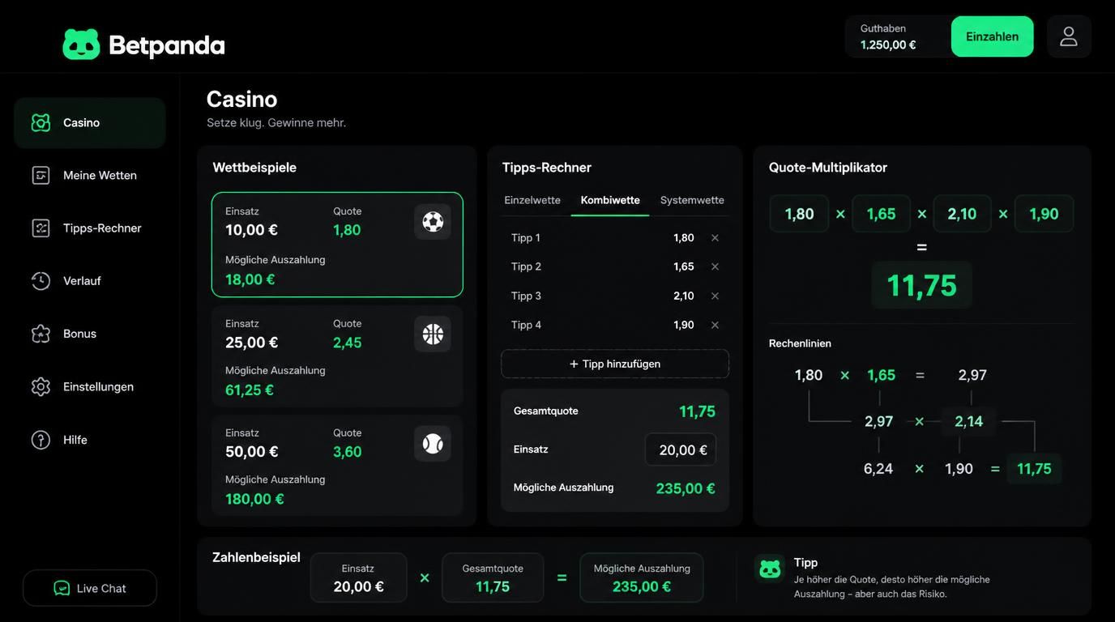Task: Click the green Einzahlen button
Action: pos(992,36)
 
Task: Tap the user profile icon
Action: pos(1069,36)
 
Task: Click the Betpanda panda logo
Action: pos(81,45)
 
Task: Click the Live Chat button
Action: pos(90,588)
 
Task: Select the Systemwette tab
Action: pos(692,200)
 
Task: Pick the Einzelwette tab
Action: pos(532,200)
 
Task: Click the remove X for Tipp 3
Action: pos(715,296)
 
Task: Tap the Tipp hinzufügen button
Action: pos(615,364)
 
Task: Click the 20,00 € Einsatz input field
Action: pos(681,449)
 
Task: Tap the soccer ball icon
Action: pos(433,221)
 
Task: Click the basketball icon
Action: pos(433,334)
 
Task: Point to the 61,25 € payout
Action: pos(250,390)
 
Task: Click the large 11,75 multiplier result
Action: pos(921,286)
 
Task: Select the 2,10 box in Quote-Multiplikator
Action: pos(962,214)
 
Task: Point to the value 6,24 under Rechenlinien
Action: pos(878,469)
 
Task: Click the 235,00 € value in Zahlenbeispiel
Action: pos(641,586)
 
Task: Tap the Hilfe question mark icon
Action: pos(41,440)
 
